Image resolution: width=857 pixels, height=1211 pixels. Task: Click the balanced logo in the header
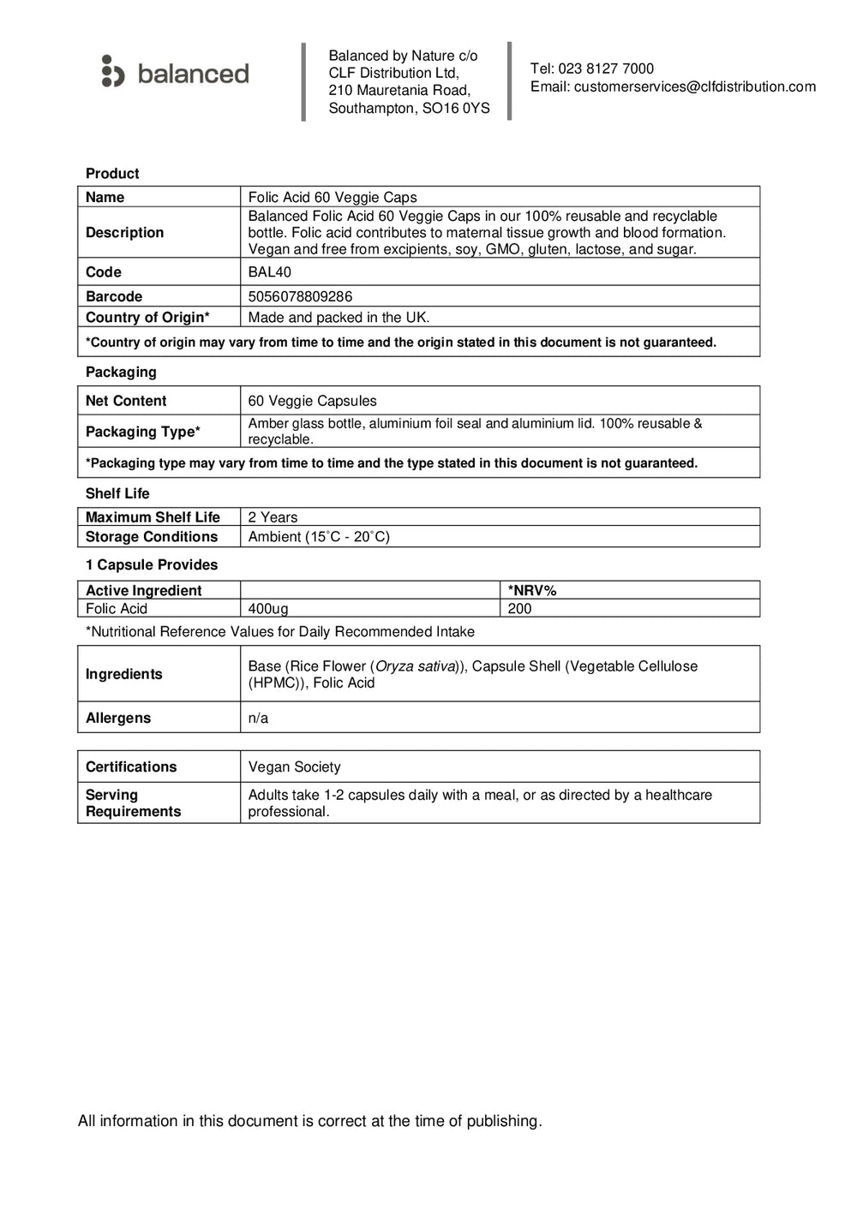pos(176,72)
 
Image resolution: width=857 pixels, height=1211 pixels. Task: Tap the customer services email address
pos(694,86)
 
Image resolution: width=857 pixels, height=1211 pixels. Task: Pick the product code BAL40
pos(269,272)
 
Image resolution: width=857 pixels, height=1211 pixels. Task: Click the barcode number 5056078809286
pos(300,296)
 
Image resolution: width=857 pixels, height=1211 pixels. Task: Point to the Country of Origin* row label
pos(147,317)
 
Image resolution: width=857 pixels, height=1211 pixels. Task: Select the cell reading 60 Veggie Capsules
pos(312,401)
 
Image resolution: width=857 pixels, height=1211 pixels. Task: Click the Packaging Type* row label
pos(143,432)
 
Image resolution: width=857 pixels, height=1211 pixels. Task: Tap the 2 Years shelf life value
pos(273,517)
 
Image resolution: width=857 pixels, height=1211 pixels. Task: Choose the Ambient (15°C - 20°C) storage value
pos(319,537)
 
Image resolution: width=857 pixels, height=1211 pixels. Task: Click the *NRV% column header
pos(532,590)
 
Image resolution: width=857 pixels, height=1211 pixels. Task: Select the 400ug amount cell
pos(268,609)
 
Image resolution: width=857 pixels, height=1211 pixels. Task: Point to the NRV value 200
pos(519,609)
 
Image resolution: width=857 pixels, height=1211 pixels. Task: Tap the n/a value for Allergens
pos(258,719)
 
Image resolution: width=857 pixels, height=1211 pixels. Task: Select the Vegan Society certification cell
pos(294,767)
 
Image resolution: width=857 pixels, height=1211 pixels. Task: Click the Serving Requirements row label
pos(133,803)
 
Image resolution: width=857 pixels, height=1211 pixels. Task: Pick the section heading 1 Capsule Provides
pos(152,565)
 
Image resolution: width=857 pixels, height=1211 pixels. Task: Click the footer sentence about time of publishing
pos(309,1121)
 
